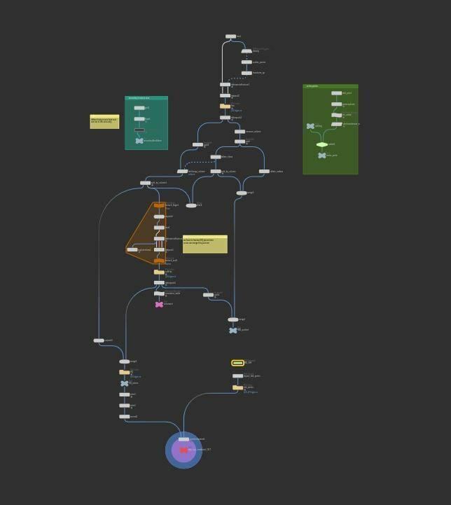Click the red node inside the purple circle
(x=183, y=450)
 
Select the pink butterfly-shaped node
(x=159, y=305)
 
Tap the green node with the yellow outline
(x=237, y=363)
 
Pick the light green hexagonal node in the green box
(x=321, y=144)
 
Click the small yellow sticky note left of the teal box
(x=104, y=122)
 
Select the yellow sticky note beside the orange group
(x=204, y=244)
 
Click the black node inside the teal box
(x=139, y=130)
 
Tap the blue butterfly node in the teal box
(x=139, y=141)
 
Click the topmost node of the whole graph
(x=230, y=36)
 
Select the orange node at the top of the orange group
(x=159, y=205)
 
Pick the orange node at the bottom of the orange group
(x=159, y=261)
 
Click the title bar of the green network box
(x=330, y=86)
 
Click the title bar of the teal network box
(x=146, y=98)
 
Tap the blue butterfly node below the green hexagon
(x=321, y=155)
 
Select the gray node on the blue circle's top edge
(x=183, y=439)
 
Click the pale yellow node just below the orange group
(x=159, y=272)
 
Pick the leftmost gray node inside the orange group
(x=132, y=249)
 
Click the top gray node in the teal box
(x=139, y=108)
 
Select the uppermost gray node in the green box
(x=336, y=93)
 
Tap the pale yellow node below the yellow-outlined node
(x=237, y=387)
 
